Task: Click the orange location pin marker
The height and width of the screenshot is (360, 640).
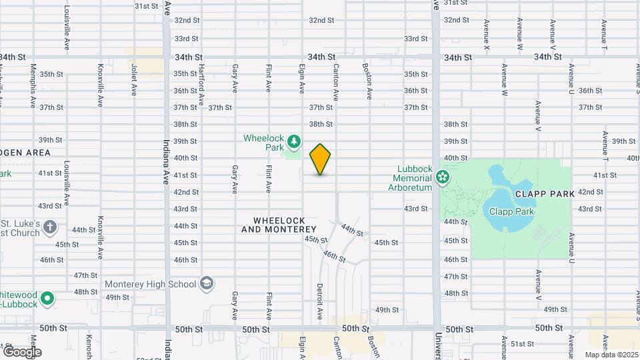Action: (321, 159)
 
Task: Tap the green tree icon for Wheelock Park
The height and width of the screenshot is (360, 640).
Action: (294, 141)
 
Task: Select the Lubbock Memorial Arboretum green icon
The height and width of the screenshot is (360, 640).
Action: (441, 177)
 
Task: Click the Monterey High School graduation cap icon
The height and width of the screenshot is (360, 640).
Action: (207, 284)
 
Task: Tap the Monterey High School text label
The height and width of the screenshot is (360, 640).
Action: (151, 284)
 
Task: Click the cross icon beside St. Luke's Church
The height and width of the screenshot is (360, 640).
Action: (49, 228)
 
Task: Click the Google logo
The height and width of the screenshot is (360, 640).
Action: (21, 352)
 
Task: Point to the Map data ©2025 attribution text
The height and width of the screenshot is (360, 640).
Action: (611, 355)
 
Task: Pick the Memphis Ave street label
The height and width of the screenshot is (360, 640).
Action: (33, 87)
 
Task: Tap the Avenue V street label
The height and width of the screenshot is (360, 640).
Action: (537, 117)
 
